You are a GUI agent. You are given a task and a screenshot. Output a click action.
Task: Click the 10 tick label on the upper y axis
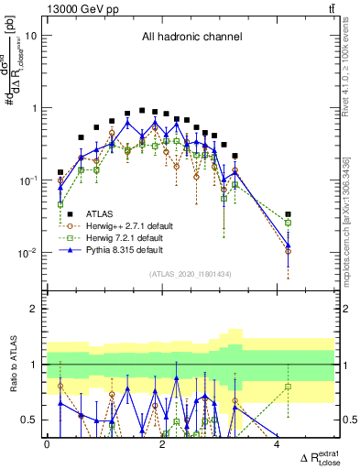[x=31, y=36]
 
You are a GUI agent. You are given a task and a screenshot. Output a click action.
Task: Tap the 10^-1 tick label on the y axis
[x=28, y=180]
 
